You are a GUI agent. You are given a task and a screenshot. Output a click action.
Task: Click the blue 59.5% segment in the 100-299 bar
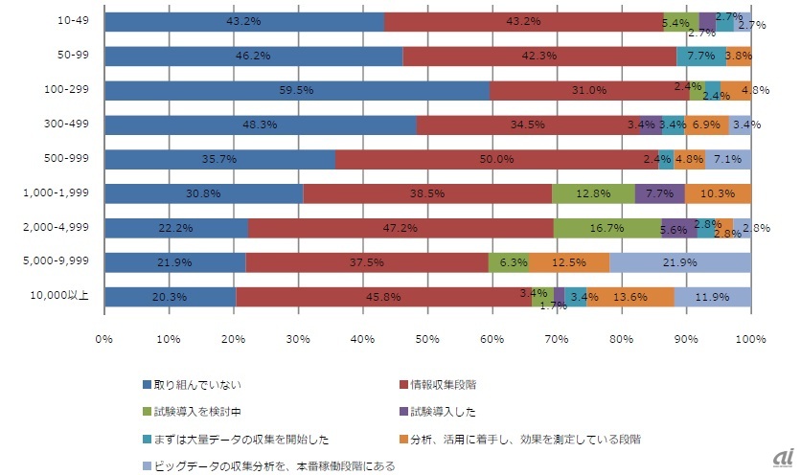(297, 91)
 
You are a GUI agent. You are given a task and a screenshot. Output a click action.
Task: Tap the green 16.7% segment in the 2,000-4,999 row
(607, 228)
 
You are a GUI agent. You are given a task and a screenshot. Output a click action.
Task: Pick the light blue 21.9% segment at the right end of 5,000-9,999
(680, 262)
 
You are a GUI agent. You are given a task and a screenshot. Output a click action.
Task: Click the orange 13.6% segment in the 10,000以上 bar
(630, 297)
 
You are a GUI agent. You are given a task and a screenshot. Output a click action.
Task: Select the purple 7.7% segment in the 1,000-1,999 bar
(659, 194)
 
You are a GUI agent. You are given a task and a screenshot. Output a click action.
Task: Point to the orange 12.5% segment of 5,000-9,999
(569, 262)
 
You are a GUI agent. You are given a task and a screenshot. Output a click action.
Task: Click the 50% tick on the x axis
(427, 338)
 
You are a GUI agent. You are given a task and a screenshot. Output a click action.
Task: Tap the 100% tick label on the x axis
(750, 338)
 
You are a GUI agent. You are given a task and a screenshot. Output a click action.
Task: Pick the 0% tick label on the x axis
(104, 338)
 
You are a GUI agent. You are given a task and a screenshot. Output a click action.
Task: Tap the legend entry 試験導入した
(440, 413)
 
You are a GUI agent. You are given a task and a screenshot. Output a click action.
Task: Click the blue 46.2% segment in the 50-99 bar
(254, 57)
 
